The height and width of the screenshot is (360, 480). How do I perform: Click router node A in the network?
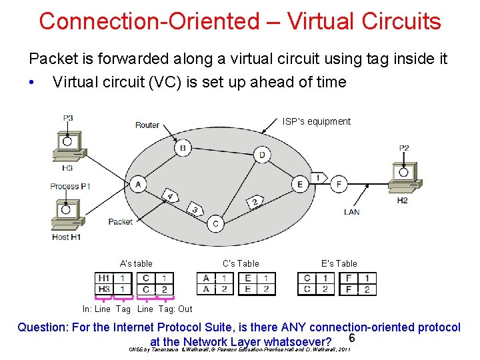138,184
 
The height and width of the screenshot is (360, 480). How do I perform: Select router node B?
182,147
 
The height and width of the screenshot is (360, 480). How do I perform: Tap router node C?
215,224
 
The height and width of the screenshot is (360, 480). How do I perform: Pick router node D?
262,155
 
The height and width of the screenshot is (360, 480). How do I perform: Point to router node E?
300,184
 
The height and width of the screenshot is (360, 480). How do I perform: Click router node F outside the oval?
339,184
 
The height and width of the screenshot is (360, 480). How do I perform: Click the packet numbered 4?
171,197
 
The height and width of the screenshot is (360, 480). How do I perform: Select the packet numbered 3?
195,209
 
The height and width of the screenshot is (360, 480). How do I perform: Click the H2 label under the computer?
402,200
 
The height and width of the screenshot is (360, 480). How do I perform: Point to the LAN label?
351,212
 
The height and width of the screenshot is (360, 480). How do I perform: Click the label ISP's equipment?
316,121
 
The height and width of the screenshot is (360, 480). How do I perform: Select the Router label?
147,125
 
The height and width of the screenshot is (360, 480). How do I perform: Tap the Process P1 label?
70,186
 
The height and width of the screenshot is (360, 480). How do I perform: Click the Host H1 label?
66,237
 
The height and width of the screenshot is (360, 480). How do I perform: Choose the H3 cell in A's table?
104,289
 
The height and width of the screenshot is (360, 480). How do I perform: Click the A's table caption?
136,263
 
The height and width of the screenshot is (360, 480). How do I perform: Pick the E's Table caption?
339,263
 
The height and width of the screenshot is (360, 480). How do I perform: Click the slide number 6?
351,339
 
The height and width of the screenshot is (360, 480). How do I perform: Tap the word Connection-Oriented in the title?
149,21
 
